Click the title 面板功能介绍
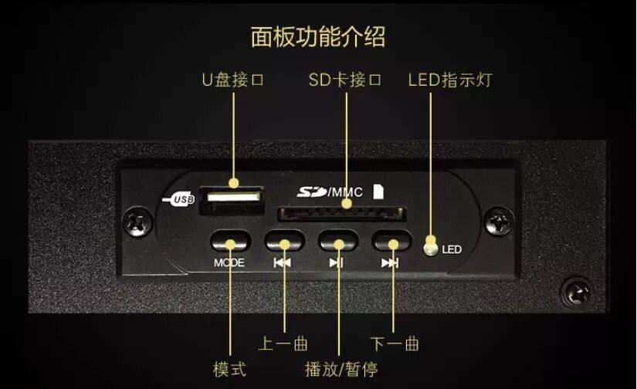pyautogui.click(x=318, y=36)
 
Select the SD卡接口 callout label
pyautogui.click(x=345, y=80)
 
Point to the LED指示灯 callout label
pyautogui.click(x=449, y=80)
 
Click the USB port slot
pyautogui.click(x=231, y=198)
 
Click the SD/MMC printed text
pyautogui.click(x=330, y=192)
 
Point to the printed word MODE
pyautogui.click(x=229, y=262)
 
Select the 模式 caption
pyautogui.click(x=229, y=368)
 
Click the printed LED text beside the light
pyautogui.click(x=452, y=250)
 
